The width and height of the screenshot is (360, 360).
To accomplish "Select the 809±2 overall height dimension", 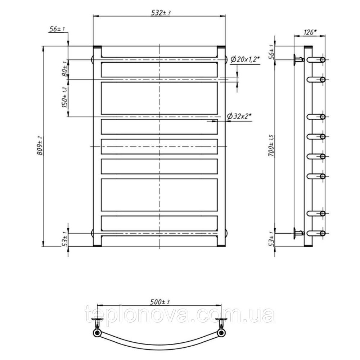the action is tap(40, 145).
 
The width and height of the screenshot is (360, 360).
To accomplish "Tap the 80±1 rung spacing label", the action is tap(65, 69).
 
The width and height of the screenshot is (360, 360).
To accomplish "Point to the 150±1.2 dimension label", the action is tap(65, 98).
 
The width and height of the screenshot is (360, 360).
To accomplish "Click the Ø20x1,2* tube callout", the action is tap(245, 60).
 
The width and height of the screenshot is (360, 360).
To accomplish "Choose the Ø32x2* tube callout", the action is tap(239, 116).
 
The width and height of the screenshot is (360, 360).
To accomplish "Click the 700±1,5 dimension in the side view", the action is tap(271, 146).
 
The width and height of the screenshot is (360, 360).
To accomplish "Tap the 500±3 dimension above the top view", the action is tap(160, 302).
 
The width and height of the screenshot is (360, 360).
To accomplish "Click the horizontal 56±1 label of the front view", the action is tap(57, 29).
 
